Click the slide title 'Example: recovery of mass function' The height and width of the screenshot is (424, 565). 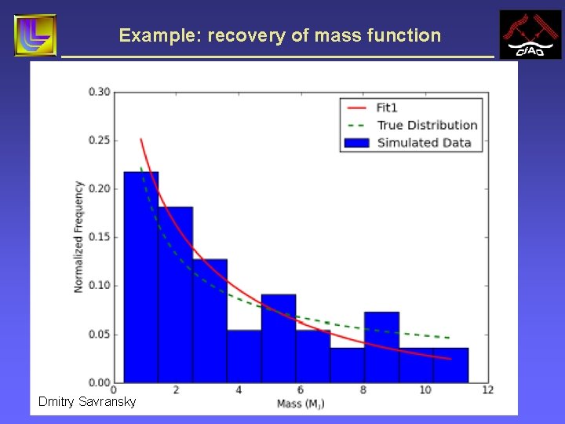(280, 35)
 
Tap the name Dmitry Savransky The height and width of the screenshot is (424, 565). (87, 402)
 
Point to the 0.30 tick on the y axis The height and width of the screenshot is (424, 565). (99, 92)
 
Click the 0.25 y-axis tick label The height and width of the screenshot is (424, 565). (99, 141)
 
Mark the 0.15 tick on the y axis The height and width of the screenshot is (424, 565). (99, 237)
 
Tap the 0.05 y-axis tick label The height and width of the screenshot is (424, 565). (99, 334)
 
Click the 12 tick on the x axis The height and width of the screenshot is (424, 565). (487, 390)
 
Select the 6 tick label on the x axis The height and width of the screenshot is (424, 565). (301, 390)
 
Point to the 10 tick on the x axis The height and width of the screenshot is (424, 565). (425, 390)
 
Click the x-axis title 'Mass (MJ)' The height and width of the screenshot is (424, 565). (301, 404)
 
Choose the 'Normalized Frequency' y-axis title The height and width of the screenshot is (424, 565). (78, 237)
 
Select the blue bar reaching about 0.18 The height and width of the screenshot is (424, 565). (176, 294)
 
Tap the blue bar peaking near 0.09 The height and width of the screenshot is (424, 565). (279, 338)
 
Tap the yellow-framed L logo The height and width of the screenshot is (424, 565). (35, 35)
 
